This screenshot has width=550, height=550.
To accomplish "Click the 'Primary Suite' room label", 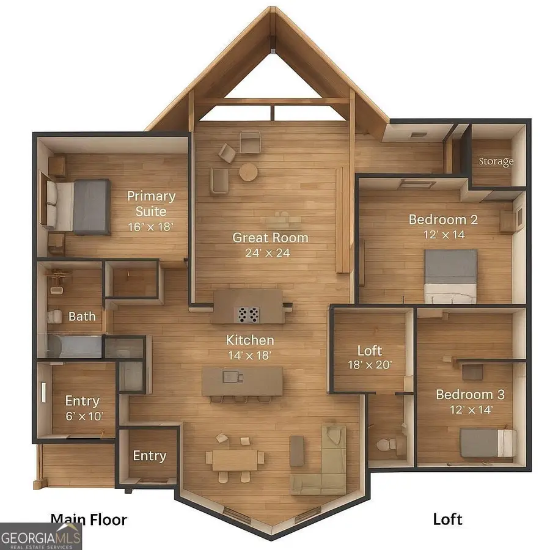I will [x=151, y=204].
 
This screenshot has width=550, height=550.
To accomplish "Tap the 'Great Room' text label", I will [x=270, y=237].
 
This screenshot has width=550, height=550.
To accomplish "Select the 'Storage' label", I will [x=496, y=162].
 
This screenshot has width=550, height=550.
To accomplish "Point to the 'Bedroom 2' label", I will [x=443, y=219].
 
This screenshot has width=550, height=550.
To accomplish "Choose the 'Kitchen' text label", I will [x=250, y=340].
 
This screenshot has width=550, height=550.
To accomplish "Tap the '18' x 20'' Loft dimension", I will [x=369, y=366].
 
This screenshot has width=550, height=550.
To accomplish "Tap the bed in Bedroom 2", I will [x=450, y=275].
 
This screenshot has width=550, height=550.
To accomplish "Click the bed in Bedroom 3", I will [x=488, y=442].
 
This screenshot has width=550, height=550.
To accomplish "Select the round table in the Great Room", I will [x=248, y=172].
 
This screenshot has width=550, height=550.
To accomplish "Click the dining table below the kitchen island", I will [x=235, y=460].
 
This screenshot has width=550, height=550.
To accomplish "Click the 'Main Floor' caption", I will [x=89, y=520].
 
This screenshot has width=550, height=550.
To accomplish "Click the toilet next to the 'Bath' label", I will [x=55, y=316].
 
